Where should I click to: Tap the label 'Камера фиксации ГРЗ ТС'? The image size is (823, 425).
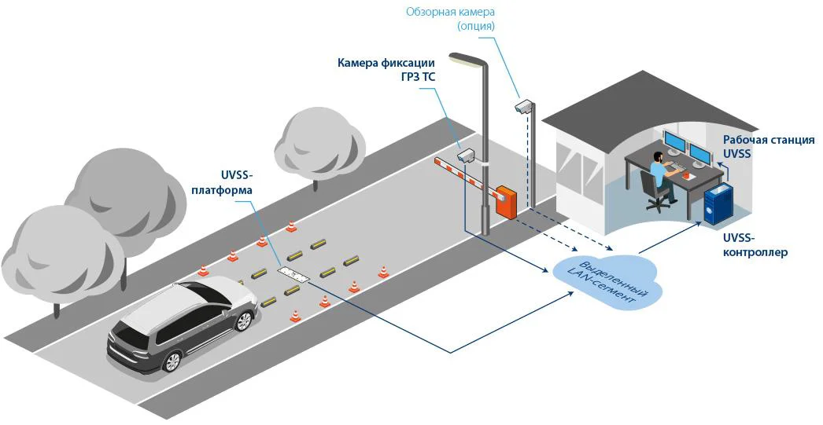tap(386, 71)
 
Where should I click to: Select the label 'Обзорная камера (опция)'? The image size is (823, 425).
tap(450, 18)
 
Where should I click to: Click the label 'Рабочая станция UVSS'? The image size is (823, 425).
tap(768, 147)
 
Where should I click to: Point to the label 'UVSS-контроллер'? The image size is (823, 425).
tap(755, 244)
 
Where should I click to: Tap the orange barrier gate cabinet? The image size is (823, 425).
tap(505, 201)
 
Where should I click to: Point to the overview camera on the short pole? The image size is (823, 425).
tap(524, 106)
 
